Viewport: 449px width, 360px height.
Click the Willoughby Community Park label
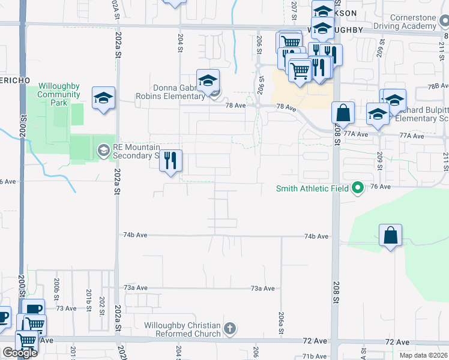59,94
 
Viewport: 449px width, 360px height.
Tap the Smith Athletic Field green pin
358,188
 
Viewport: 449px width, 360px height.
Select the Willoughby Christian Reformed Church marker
229,329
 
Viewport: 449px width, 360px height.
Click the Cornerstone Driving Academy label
412,22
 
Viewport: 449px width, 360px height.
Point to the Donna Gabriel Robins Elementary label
179,92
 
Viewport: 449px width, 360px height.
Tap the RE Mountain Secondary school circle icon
104,149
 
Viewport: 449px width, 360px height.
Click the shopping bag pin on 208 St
343,113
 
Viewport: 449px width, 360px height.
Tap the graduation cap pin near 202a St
103,98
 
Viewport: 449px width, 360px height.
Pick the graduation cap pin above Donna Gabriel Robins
208,80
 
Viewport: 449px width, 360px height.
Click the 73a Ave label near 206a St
262,289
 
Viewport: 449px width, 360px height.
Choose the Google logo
20,353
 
